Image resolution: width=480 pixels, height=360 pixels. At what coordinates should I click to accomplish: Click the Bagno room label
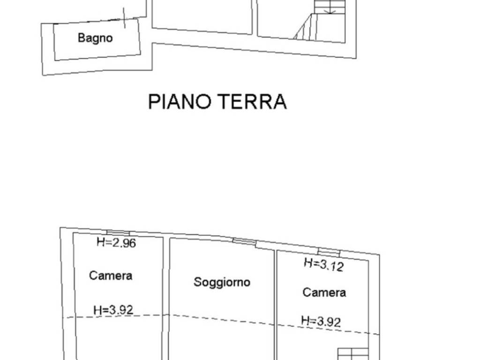coord(95,38)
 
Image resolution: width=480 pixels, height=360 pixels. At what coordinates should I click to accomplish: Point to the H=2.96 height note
coord(116,242)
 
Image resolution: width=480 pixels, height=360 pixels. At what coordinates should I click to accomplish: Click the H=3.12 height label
coord(323,264)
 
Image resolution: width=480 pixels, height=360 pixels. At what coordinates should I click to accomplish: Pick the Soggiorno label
coord(222,282)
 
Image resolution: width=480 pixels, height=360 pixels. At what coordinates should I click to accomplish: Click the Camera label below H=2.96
coord(111,276)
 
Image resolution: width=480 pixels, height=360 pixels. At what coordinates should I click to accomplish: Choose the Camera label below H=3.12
coord(324,292)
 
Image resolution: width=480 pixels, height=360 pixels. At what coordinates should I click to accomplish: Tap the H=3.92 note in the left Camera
coord(113,309)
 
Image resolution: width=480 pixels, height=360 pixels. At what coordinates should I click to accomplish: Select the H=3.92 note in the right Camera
coord(321,321)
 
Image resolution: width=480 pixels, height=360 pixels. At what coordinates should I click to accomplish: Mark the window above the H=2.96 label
coord(118,232)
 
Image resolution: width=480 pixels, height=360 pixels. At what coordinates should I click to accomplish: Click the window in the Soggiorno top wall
coord(244,241)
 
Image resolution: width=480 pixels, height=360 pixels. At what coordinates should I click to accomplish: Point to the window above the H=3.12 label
coord(328,252)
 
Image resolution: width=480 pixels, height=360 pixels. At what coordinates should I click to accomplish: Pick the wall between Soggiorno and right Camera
coord(275,305)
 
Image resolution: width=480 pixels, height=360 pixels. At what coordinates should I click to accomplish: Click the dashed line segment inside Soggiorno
coord(220,319)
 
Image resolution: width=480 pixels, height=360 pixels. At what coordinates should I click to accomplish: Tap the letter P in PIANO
coord(153,101)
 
